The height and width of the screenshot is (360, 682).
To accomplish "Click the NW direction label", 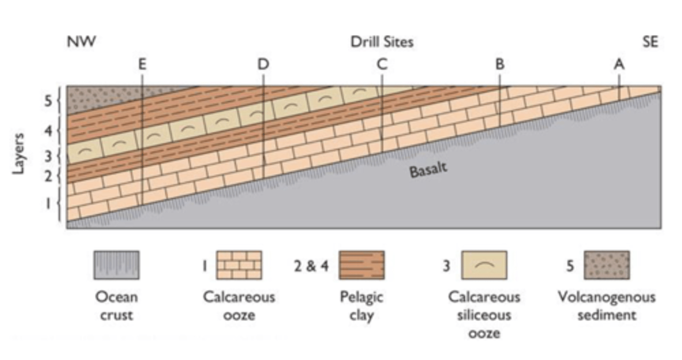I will pyautogui.click(x=81, y=42).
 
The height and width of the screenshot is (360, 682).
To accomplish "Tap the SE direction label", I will pyautogui.click(x=650, y=42).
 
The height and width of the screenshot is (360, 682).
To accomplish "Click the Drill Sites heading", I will pyautogui.click(x=382, y=42).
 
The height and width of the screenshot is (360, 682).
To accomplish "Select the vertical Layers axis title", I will pyautogui.click(x=18, y=153).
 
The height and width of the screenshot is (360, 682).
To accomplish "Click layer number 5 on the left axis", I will pyautogui.click(x=48, y=100).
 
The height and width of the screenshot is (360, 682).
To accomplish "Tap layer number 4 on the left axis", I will pyautogui.click(x=48, y=131).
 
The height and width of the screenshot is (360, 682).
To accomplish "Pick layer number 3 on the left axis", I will pyautogui.click(x=48, y=156).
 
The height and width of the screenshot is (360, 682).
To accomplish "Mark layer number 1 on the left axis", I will pyautogui.click(x=48, y=204).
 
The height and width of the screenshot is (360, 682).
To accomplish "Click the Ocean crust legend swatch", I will pyautogui.click(x=117, y=265).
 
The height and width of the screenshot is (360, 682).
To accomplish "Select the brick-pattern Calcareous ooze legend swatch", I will pyautogui.click(x=239, y=265).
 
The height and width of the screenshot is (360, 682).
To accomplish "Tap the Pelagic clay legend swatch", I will pyautogui.click(x=361, y=265).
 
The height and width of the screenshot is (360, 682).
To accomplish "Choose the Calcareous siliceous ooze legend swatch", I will pyautogui.click(x=484, y=265).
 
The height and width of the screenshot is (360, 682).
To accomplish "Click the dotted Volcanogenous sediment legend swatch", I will pyautogui.click(x=607, y=265).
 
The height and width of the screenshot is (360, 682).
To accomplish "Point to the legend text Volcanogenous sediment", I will pyautogui.click(x=607, y=306).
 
